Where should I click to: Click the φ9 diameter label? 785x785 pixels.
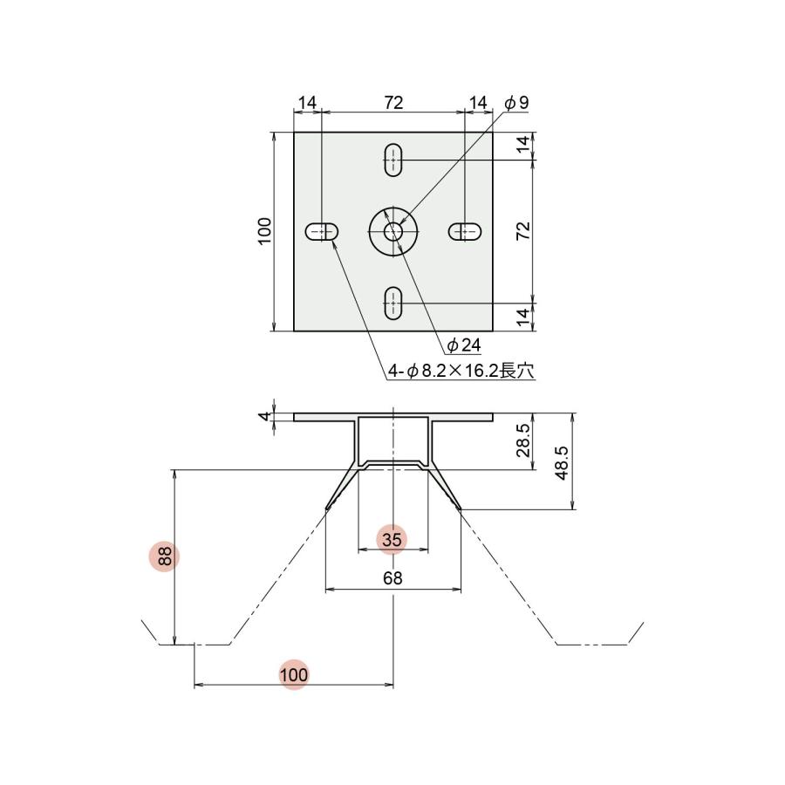pyautogui.click(x=517, y=103)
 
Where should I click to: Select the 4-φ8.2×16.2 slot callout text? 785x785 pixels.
pyautogui.click(x=460, y=371)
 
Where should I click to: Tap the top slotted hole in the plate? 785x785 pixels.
pyautogui.click(x=393, y=159)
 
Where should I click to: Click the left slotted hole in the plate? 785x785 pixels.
pyautogui.click(x=322, y=231)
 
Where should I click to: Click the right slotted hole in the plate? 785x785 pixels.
pyautogui.click(x=465, y=231)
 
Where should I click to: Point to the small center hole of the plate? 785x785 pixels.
pyautogui.click(x=393, y=231)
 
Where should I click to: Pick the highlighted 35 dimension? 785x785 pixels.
pyautogui.click(x=392, y=540)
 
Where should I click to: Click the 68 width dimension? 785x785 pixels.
pyautogui.click(x=392, y=578)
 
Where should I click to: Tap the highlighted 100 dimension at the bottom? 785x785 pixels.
pyautogui.click(x=294, y=674)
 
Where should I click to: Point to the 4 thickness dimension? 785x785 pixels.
pyautogui.click(x=264, y=416)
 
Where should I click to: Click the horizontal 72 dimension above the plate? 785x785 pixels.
pyautogui.click(x=393, y=103)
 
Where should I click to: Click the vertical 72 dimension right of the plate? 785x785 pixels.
pyautogui.click(x=524, y=231)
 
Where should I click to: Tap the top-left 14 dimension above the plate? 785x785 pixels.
pyautogui.click(x=307, y=103)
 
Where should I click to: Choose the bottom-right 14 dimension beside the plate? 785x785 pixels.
pyautogui.click(x=524, y=317)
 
